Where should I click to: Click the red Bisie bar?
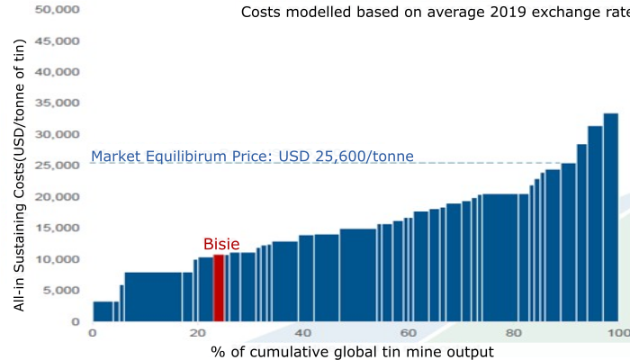(x=218, y=288)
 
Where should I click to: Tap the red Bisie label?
(x=221, y=244)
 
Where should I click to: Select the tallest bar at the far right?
(x=610, y=217)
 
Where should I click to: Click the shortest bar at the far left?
(x=103, y=311)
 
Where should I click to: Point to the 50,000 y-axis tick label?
(x=60, y=10)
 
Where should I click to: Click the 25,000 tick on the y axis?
(x=60, y=166)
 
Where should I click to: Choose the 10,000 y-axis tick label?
(x=60, y=259)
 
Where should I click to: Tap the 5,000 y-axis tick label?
(x=64, y=291)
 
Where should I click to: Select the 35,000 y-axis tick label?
(x=60, y=103)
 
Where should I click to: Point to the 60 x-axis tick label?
(x=409, y=333)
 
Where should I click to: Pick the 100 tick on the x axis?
(x=618, y=333)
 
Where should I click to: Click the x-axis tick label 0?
(x=92, y=333)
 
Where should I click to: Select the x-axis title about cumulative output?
(x=353, y=351)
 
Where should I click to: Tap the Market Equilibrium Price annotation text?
(x=252, y=157)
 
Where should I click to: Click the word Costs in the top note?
(x=261, y=13)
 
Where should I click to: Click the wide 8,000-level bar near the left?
(x=157, y=297)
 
